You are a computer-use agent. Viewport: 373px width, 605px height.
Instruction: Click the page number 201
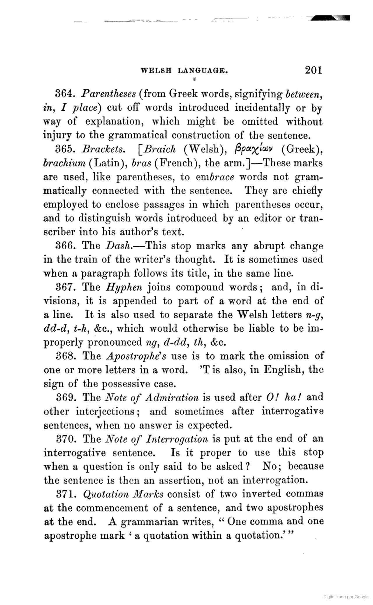click(313, 70)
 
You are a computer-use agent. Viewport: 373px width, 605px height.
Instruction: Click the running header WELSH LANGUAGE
click(184, 70)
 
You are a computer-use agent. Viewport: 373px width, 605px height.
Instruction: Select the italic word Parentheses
click(109, 94)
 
